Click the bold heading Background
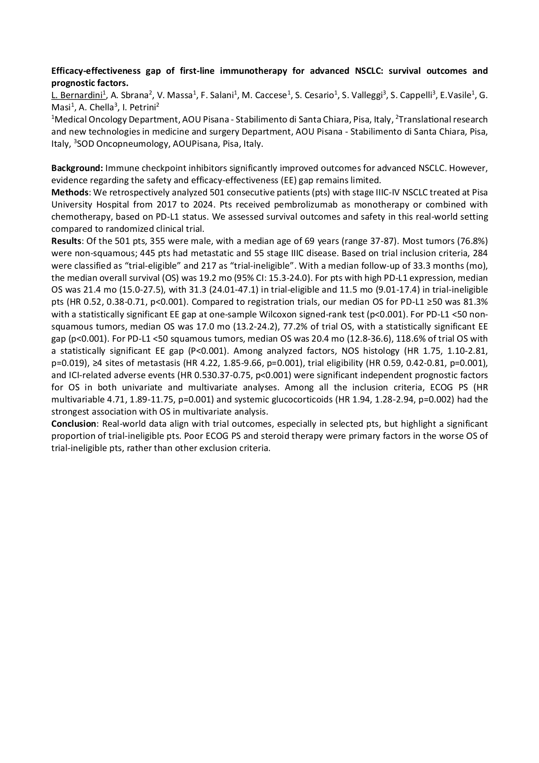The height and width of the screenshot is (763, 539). (x=77, y=168)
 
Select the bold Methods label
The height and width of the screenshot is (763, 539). (x=70, y=193)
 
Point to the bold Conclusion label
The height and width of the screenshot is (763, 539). (x=74, y=424)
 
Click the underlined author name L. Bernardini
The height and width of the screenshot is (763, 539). (x=77, y=95)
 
